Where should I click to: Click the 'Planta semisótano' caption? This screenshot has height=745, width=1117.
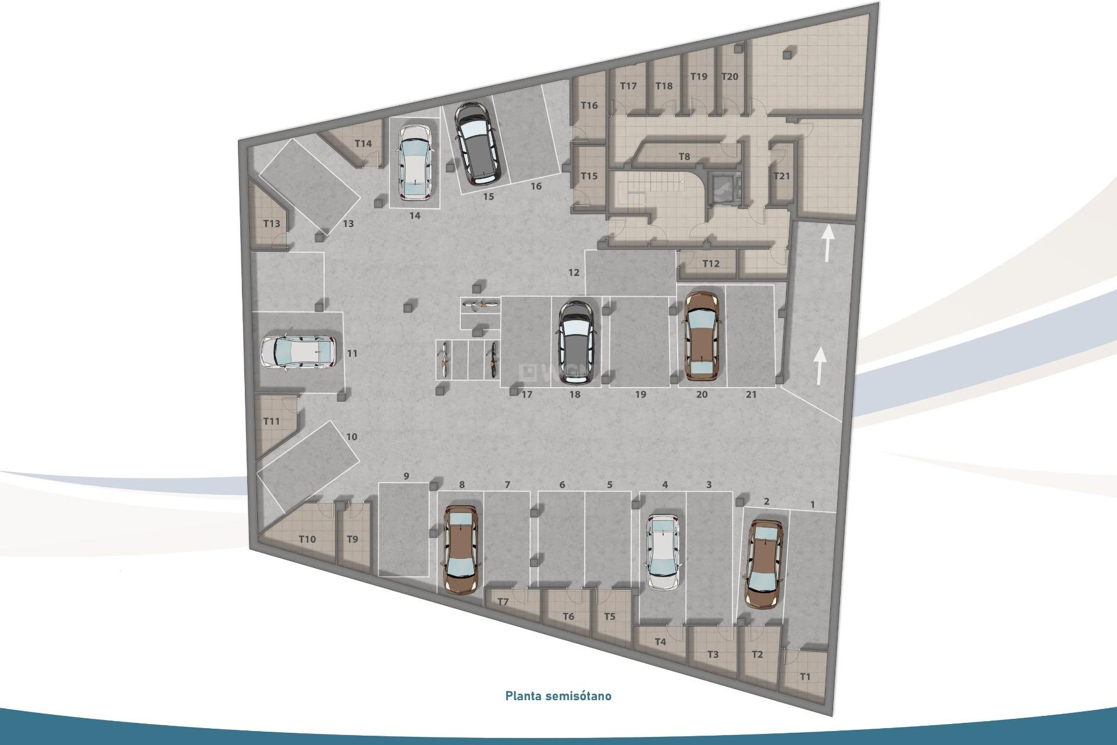(x=558, y=696)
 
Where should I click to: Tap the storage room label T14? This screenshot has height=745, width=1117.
(x=363, y=144)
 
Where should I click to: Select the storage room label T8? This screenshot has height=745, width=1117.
(x=684, y=157)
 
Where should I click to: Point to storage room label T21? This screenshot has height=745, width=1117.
(x=781, y=176)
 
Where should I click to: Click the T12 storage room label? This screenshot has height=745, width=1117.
(x=710, y=264)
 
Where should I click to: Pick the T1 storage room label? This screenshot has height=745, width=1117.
(x=805, y=677)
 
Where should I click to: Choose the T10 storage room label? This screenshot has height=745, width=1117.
(x=307, y=539)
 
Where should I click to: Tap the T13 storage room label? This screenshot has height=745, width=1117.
(x=272, y=223)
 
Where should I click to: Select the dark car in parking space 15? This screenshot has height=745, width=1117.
(x=476, y=141)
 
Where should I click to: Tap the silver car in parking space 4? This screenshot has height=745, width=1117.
(x=664, y=552)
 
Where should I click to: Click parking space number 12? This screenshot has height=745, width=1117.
(x=574, y=272)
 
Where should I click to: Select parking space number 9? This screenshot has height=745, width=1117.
(x=406, y=476)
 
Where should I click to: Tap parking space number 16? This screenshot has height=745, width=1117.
(x=536, y=186)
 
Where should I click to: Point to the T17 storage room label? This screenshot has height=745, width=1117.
(x=628, y=86)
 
